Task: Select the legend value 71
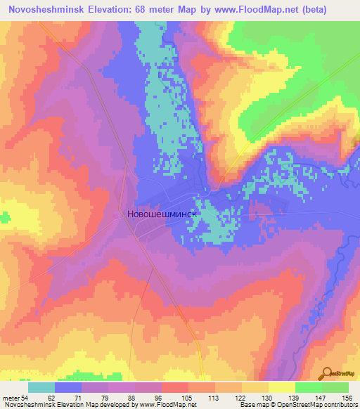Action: click(68, 397)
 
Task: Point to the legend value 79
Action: click(95, 397)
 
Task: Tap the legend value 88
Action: click(122, 397)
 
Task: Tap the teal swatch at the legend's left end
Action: click(41, 387)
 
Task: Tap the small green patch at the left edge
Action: click(5, 219)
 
